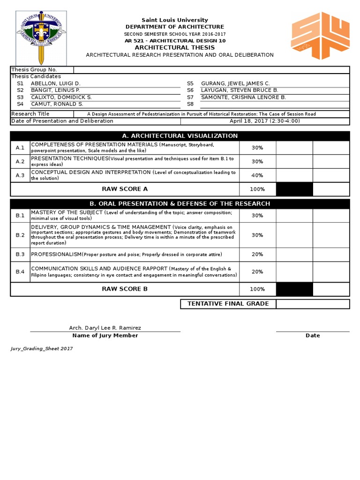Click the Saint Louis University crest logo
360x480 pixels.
[x=41, y=37]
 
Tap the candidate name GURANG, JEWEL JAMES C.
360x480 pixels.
[x=235, y=83]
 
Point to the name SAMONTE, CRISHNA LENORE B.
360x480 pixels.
[x=243, y=97]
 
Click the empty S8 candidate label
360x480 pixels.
[x=190, y=104]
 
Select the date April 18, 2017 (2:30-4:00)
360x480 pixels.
[x=265, y=121]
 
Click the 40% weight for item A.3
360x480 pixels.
[x=257, y=175]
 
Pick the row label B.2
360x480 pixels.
[x=20, y=235]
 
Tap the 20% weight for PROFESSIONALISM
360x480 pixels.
[x=257, y=254]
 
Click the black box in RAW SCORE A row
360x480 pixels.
[x=294, y=189]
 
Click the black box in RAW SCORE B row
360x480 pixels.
[x=294, y=289]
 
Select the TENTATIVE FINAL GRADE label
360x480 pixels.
[x=228, y=304]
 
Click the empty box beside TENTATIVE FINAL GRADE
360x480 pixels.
[x=313, y=304]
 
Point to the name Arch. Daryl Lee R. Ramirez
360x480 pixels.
[x=105, y=328]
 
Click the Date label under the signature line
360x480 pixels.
[x=313, y=336]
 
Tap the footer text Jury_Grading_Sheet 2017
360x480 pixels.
[x=42, y=349]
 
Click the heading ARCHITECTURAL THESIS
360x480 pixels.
[x=175, y=47]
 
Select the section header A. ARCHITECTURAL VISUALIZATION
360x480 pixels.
[x=180, y=136]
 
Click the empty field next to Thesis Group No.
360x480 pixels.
[x=211, y=70]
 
